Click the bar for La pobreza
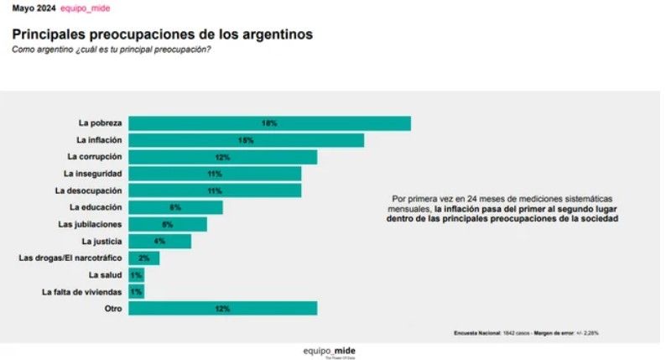click(x=269, y=123)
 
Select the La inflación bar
click(x=246, y=140)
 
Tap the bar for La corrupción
click(x=222, y=157)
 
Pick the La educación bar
click(x=175, y=207)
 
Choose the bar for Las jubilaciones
click(x=167, y=224)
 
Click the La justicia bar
click(x=159, y=241)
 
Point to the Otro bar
click(x=222, y=308)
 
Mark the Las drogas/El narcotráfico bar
click(x=143, y=258)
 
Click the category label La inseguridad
click(x=93, y=174)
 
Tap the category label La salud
click(x=105, y=274)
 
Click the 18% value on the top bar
click(x=269, y=123)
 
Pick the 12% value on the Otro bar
click(x=222, y=308)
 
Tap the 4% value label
click(x=159, y=241)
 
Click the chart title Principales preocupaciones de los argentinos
click(x=162, y=35)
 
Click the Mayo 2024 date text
click(x=33, y=8)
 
